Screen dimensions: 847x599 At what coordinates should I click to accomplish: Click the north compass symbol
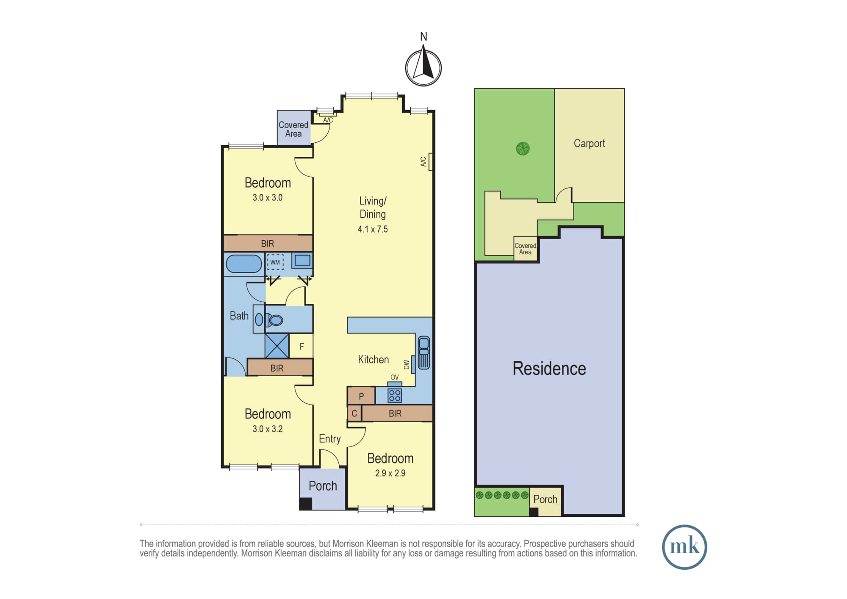pyautogui.click(x=423, y=68)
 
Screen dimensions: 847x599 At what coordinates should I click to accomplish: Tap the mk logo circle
pyautogui.click(x=684, y=547)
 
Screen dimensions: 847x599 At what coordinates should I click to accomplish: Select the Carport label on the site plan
pyautogui.click(x=589, y=144)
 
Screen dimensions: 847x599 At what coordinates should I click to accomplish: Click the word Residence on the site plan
pyautogui.click(x=549, y=369)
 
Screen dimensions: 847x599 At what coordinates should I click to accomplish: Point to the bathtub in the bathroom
pyautogui.click(x=244, y=263)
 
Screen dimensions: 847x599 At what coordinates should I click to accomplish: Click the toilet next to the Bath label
pyautogui.click(x=271, y=320)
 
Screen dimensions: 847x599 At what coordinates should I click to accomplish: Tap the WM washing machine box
pyautogui.click(x=275, y=262)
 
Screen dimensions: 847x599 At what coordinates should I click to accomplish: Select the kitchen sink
pyautogui.click(x=423, y=352)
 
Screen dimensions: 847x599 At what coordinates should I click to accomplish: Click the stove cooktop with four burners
pyautogui.click(x=395, y=395)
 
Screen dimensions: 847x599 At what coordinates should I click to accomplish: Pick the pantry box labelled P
pyautogui.click(x=361, y=397)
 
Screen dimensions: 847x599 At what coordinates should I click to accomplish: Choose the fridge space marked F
pyautogui.click(x=302, y=347)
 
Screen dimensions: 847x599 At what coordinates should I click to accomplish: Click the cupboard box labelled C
pyautogui.click(x=354, y=413)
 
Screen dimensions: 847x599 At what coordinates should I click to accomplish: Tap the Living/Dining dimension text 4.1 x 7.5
pyautogui.click(x=373, y=229)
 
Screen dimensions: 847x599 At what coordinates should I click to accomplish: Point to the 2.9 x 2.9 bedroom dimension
pyautogui.click(x=390, y=473)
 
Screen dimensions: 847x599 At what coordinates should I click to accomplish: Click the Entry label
pyautogui.click(x=330, y=439)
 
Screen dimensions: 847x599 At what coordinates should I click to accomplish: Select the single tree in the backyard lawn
pyautogui.click(x=523, y=149)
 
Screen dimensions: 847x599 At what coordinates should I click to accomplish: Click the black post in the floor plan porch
pyautogui.click(x=306, y=504)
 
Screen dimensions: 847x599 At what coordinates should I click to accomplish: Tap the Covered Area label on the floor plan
pyautogui.click(x=293, y=129)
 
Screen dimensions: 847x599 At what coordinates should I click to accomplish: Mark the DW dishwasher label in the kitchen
pyautogui.click(x=407, y=365)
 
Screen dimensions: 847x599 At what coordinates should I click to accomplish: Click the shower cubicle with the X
pyautogui.click(x=277, y=346)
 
